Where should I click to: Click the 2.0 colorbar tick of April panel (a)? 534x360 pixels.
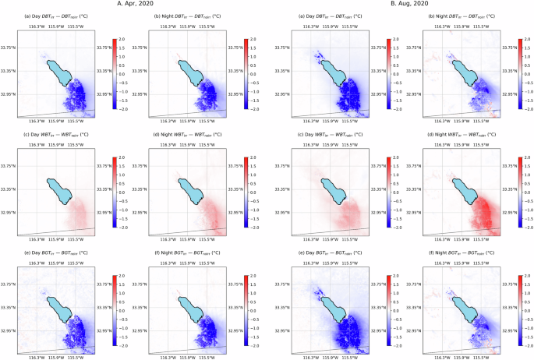(121, 38)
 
